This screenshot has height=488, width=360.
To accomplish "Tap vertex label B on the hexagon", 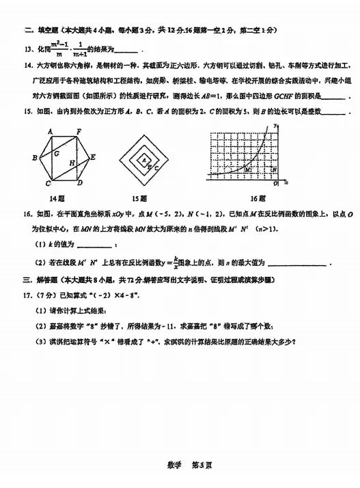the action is click(35, 158).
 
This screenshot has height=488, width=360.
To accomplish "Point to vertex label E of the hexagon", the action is click(93, 157).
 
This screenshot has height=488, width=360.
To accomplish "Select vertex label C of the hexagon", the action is click(49, 184).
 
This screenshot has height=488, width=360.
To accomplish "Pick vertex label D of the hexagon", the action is click(81, 184).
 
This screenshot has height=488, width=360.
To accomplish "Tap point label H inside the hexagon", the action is click(72, 163).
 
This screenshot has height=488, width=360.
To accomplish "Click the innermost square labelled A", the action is click(144, 159).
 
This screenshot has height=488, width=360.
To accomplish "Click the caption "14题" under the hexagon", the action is click(61, 199).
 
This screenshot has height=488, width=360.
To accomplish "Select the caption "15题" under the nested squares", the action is click(144, 199).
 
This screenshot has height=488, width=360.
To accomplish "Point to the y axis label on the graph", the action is click(274, 126).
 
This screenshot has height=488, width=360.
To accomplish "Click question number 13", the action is click(28, 49).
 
